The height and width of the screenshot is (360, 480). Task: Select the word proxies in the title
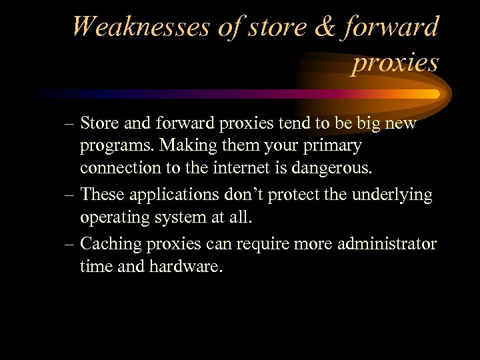pyautogui.click(x=395, y=63)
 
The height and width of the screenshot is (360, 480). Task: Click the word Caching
pyautogui.click(x=106, y=245)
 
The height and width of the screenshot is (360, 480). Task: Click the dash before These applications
pyautogui.click(x=69, y=195)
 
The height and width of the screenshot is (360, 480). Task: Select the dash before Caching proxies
pyautogui.click(x=69, y=245)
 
